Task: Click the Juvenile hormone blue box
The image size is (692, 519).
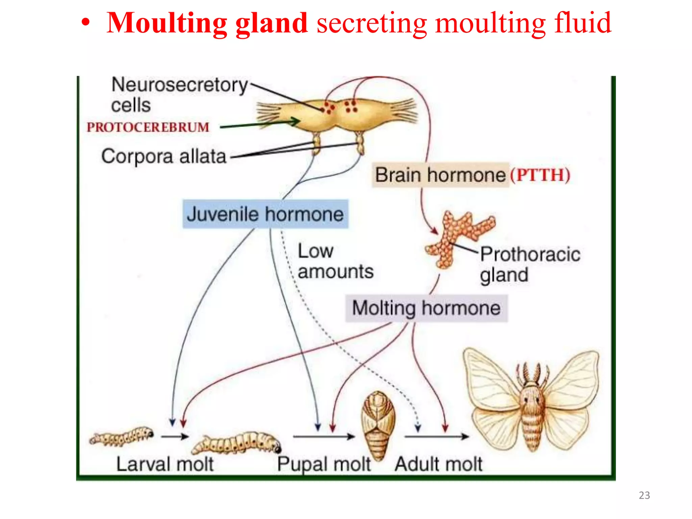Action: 265,214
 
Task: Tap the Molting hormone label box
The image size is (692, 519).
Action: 426,308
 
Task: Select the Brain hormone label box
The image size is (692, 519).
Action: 440,175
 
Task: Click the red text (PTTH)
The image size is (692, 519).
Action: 540,175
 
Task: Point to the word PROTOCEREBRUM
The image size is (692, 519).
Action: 148,127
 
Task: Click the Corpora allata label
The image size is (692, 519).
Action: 164,156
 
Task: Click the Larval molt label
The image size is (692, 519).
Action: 165,464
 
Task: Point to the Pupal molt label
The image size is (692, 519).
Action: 324,464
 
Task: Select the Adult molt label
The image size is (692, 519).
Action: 438,464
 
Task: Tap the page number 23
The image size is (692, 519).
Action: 644,495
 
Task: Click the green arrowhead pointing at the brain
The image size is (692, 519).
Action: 295,121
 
